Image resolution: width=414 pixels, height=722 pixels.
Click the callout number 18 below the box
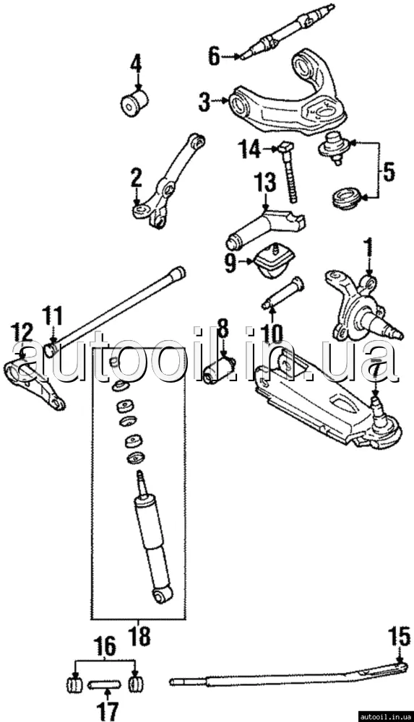tap(138, 637)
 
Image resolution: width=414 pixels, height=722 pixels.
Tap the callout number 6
tap(215, 56)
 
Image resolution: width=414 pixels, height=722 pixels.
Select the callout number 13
tap(266, 183)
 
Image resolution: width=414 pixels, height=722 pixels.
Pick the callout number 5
tap(389, 172)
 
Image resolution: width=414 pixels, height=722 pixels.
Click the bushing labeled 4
tap(134, 103)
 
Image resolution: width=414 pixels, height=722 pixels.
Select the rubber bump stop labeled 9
tap(273, 261)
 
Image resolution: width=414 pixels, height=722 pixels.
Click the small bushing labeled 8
tap(220, 370)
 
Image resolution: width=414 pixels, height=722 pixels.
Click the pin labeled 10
tap(283, 292)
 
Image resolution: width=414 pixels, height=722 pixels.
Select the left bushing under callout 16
tap(74, 684)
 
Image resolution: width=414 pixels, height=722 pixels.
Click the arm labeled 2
tap(168, 182)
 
